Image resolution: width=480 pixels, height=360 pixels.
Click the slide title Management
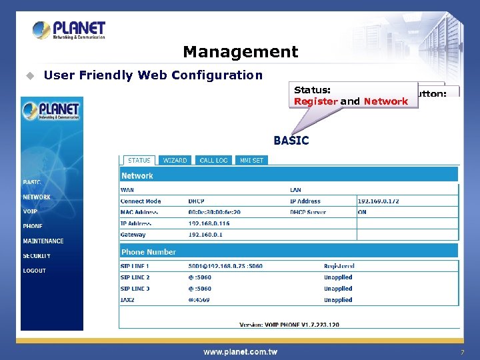pos(240,51)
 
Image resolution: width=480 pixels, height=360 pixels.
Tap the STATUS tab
pos(139,160)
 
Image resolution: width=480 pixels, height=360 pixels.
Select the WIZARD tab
pos(175,160)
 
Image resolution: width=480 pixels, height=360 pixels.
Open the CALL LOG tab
pos(213,160)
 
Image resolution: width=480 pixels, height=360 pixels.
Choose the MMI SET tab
pos(252,160)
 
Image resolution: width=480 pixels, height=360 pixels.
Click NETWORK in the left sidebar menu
pos(37,197)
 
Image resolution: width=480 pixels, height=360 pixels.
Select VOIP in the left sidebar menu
pos(30,211)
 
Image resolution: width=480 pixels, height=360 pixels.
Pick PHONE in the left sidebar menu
pos(33,226)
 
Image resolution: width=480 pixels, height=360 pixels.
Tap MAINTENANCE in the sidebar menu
pos(43,241)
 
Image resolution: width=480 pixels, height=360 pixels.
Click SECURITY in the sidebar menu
pos(37,256)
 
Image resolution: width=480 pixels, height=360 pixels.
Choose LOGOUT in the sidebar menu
pos(35,271)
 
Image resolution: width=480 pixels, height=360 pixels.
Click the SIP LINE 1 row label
pos(135,266)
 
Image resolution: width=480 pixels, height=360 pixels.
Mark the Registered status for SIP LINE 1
pos(339,266)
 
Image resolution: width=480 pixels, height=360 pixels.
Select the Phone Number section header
pos(149,252)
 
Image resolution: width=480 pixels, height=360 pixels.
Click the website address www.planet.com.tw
pos(240,351)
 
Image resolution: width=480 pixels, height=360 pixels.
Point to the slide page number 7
pos(461,351)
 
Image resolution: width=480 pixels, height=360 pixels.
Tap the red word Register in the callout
pos(315,101)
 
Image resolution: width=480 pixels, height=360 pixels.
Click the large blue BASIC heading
pos(291,141)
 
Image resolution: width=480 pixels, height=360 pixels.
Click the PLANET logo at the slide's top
pos(69,30)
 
